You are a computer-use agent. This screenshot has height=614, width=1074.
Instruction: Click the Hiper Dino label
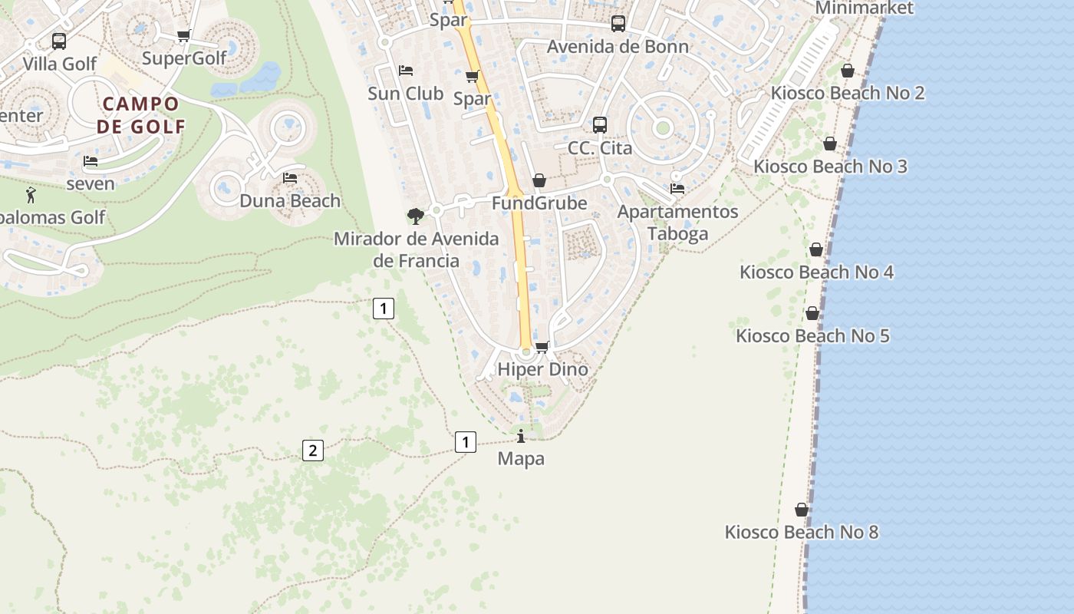point(542,369)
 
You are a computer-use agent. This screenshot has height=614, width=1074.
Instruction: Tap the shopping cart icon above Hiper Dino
point(542,347)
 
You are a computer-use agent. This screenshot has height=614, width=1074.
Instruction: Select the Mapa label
point(521,459)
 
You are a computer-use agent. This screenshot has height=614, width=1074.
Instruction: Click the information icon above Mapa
point(522,437)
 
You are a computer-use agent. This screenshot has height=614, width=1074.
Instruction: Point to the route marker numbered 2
point(312,451)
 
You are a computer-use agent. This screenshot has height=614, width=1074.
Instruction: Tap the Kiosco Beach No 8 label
point(801,532)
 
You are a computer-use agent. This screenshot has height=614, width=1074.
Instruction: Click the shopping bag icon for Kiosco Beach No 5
point(812,313)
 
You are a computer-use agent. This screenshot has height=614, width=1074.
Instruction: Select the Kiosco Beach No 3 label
point(829,167)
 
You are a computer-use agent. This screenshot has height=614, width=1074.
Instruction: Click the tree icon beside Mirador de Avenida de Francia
point(416,216)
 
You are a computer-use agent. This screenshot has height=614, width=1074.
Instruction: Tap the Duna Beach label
point(290,201)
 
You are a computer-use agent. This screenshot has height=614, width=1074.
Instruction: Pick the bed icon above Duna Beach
point(290,178)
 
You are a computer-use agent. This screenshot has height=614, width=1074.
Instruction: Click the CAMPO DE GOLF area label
point(141,115)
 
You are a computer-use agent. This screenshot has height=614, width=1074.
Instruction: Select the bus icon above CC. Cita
point(600,124)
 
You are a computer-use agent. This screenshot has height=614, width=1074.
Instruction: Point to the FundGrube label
point(539,203)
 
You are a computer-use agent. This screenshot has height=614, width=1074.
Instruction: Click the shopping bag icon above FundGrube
point(539,180)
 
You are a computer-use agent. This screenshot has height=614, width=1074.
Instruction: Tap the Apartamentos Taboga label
point(677,223)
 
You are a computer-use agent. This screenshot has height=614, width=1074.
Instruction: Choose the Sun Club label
point(405,94)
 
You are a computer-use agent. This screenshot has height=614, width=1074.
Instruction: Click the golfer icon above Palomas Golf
point(31,195)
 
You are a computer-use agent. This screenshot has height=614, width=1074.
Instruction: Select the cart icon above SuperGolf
point(183,35)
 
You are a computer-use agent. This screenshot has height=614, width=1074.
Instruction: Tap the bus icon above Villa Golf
point(59,41)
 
